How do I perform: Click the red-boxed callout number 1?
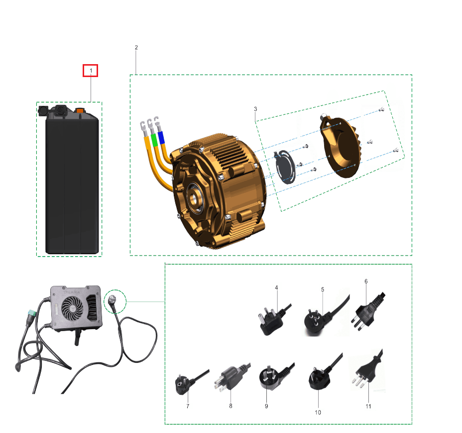91,71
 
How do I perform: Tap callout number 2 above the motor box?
136,48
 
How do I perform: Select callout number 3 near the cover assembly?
255,109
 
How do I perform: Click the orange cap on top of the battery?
80,110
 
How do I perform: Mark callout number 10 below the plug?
318,412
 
